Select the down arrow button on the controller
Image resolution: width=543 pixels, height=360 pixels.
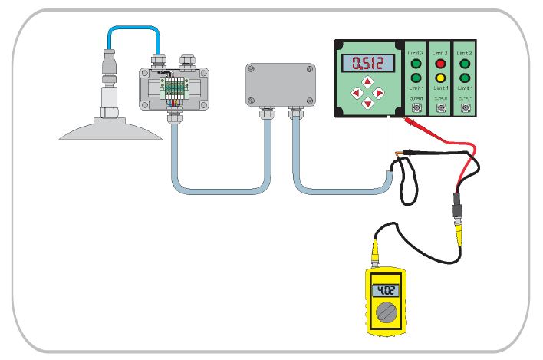[x=368, y=104]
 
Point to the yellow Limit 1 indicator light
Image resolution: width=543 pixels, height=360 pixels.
[x=441, y=78]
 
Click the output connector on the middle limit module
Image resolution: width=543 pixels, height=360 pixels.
[x=441, y=108]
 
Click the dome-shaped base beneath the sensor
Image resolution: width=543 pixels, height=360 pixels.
[x=112, y=128]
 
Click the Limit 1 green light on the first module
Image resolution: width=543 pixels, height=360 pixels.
[x=416, y=78]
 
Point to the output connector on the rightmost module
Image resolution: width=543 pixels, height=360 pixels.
[x=466, y=108]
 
